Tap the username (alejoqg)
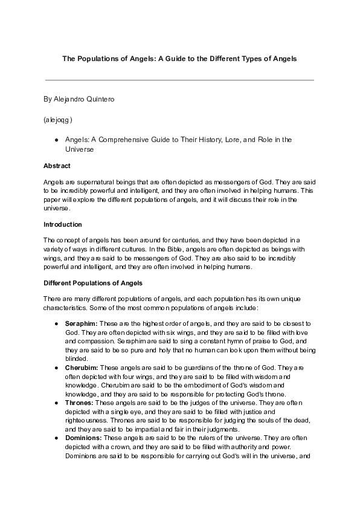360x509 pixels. [x=58, y=120]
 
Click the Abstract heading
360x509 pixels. [x=57, y=166]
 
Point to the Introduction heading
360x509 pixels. [x=63, y=224]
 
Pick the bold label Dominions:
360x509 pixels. [x=83, y=437]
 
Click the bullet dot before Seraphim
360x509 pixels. [x=56, y=324]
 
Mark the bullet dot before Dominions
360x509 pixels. [x=56, y=437]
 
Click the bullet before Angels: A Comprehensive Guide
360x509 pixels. [x=56, y=140]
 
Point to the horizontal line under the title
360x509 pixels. [x=179, y=80]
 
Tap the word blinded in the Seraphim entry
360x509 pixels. [x=77, y=357]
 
